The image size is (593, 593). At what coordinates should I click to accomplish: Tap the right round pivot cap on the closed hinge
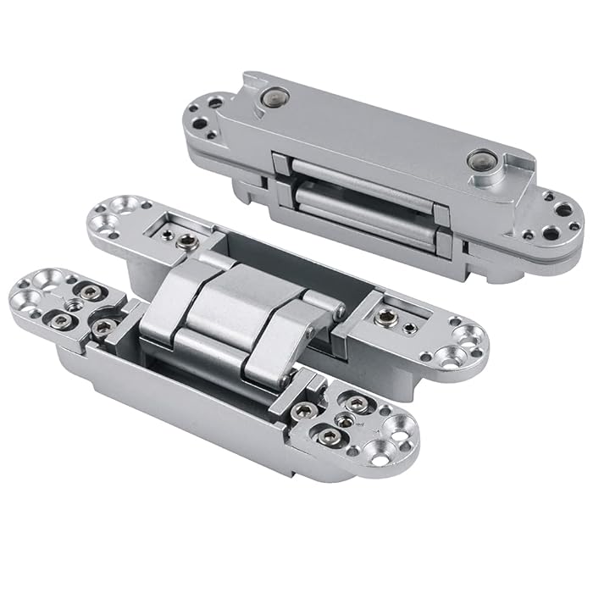tap(482, 161)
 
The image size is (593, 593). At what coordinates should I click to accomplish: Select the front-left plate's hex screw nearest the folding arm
tap(103, 327)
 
